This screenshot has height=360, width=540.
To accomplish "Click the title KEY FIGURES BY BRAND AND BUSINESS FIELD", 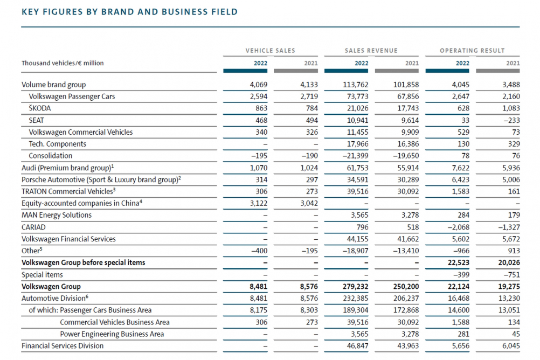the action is point(129,12).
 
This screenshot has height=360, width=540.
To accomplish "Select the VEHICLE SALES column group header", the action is point(271,51).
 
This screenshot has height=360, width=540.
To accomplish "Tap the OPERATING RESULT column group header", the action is point(472,51).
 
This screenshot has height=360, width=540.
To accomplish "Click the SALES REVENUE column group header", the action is point(371,51).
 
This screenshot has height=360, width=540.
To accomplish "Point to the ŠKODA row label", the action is point(39,108).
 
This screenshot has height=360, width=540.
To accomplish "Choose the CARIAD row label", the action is point(33,227).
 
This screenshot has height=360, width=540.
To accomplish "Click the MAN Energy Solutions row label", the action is point(57,216).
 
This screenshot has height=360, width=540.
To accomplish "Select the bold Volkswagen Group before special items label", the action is point(84,262).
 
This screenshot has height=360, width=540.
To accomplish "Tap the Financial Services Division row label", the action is point(63,346).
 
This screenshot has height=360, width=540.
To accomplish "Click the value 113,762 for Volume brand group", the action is point(355,85).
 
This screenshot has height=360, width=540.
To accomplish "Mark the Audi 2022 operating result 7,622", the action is point(460,168).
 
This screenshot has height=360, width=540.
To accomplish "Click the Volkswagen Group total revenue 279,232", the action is point(355,287).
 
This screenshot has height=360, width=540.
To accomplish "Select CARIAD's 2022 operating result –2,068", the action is point(459,227).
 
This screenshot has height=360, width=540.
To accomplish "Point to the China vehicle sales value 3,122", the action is point(259,203).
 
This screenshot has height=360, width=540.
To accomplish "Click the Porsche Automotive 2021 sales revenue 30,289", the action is point(408,180).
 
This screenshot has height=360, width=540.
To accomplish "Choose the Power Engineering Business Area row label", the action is point(112,334).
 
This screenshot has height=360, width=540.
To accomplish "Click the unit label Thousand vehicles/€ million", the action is point(63,63).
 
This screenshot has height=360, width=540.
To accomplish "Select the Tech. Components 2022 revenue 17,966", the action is point(357,144).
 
